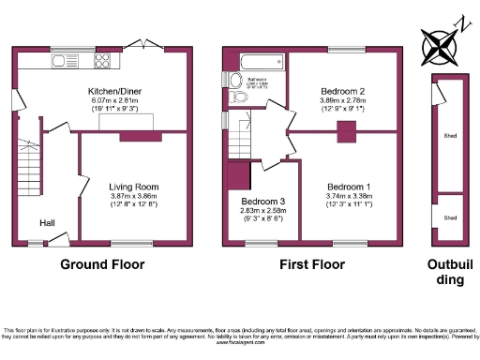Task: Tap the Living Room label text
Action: (132, 187)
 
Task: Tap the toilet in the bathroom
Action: (235, 97)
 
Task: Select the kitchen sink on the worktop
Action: (67, 63)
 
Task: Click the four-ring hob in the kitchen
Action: (102, 63)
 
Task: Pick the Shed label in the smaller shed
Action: (450, 217)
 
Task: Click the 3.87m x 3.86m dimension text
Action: (132, 196)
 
